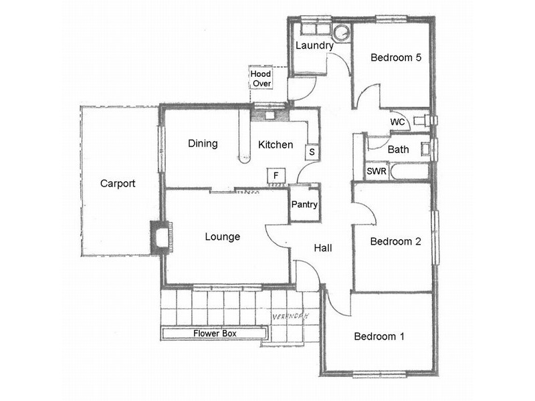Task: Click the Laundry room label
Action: pos(314,46)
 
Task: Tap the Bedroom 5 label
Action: pos(396,58)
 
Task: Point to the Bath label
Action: pos(398,150)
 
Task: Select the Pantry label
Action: pos(304,205)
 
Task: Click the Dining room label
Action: pos(202,144)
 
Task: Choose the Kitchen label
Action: pos(276,144)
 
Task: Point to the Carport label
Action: pos(118,183)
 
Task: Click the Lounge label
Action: pos(222,237)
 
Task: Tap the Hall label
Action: pos(323,248)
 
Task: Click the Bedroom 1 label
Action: pos(379,336)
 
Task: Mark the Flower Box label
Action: pos(215,333)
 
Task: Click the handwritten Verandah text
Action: pos(294,316)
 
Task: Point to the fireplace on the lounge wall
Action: pos(161,237)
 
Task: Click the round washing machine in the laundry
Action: pos(342,32)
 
